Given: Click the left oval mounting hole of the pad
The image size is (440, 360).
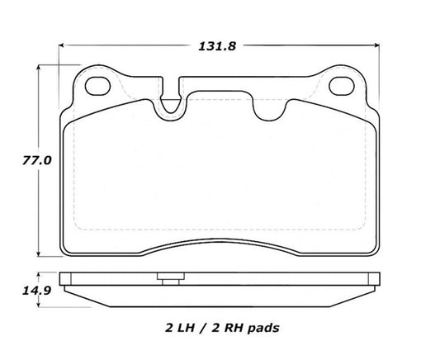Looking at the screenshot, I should (x=99, y=85).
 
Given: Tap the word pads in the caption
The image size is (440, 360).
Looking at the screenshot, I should (x=267, y=328).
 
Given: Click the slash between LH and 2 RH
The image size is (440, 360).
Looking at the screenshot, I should (x=206, y=328).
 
